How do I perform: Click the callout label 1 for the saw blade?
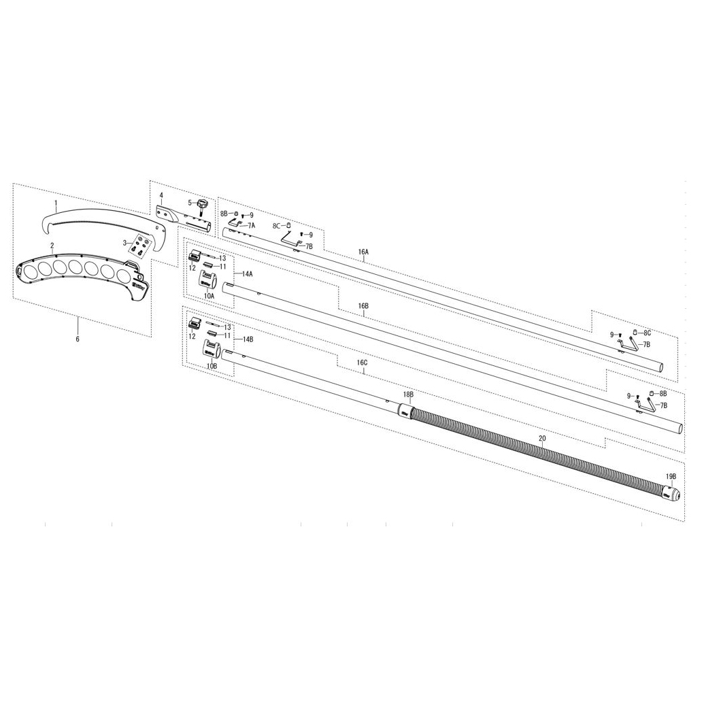pyautogui.click(x=56, y=203)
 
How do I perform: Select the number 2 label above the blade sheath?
pyautogui.click(x=52, y=246)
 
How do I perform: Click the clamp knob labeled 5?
pyautogui.click(x=201, y=207)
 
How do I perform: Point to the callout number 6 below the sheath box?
pyautogui.click(x=78, y=339)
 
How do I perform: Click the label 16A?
pyautogui.click(x=363, y=252)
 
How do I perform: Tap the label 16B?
pyautogui.click(x=363, y=306)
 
